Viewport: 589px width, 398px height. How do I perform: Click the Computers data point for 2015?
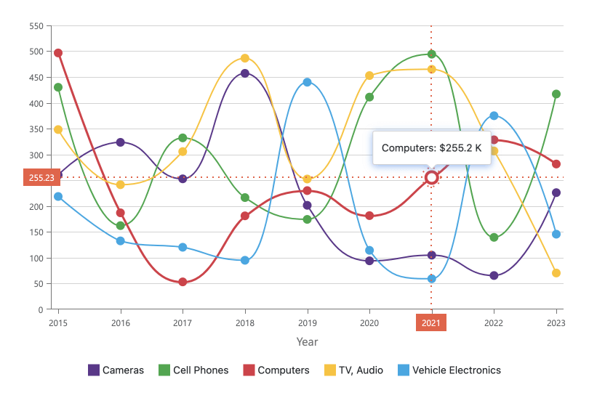[58, 53]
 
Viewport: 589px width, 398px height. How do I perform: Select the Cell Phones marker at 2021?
[432, 54]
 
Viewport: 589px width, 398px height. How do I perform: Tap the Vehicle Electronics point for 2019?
[308, 82]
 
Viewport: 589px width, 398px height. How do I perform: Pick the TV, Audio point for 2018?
[245, 58]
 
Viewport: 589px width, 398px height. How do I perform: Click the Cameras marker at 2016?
[121, 142]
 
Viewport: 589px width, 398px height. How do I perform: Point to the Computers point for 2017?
[183, 282]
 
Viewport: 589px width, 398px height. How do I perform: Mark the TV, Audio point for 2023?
[556, 273]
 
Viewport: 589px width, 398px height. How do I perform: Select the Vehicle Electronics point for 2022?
[494, 115]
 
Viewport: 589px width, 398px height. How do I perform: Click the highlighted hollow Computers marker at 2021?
[432, 178]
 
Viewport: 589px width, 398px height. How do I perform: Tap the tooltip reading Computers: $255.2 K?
[431, 148]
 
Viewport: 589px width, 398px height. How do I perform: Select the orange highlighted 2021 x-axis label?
[431, 322]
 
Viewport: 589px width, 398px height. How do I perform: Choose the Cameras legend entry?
[116, 370]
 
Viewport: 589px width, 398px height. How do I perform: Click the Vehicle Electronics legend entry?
[449, 370]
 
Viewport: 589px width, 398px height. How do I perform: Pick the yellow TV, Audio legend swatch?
[329, 370]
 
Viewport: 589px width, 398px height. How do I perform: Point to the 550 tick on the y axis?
[35, 26]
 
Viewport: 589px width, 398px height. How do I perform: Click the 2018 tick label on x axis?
[245, 322]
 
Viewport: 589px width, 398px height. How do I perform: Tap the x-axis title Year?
[307, 341]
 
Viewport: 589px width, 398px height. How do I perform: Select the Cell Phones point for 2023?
[556, 94]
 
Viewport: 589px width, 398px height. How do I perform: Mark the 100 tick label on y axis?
[35, 259]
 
